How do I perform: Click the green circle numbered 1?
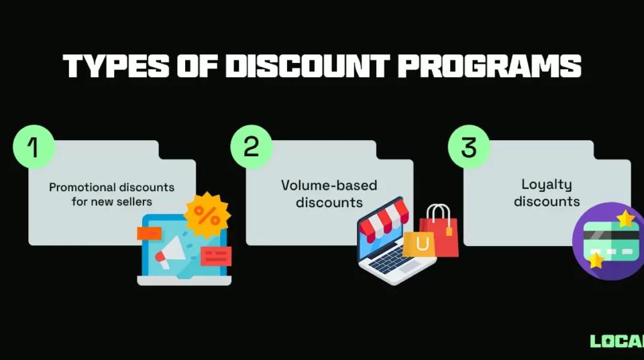click(x=34, y=146)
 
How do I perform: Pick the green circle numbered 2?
click(x=251, y=146)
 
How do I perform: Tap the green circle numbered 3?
click(x=469, y=146)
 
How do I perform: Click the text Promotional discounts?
click(x=111, y=187)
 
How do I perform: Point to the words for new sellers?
click(x=111, y=201)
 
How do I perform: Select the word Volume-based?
click(x=329, y=185)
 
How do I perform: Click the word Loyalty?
click(x=546, y=184)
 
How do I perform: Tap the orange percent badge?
click(x=207, y=215)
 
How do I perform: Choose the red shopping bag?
click(x=440, y=231)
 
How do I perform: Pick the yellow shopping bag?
click(x=419, y=244)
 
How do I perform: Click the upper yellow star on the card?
click(x=625, y=219)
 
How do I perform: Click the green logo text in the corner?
click(x=616, y=341)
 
